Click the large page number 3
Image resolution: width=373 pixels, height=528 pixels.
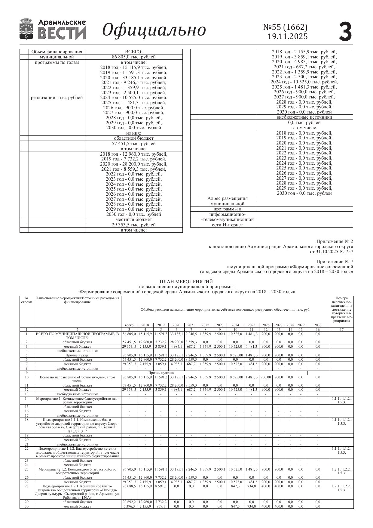tap(345, 31)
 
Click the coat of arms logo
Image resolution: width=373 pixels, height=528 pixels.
tap(26, 29)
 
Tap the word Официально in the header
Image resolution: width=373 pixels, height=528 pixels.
tap(154, 30)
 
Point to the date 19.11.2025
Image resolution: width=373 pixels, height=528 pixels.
tap(288, 36)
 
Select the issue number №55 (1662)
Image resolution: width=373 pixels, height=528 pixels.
tap(285, 27)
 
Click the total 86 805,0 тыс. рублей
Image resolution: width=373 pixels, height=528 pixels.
tap(134, 57)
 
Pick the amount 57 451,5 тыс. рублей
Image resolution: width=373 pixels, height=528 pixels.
tap(134, 144)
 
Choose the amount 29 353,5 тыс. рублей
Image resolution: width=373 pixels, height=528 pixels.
tap(134, 225)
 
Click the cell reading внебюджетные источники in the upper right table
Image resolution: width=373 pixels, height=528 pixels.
tap(304, 117)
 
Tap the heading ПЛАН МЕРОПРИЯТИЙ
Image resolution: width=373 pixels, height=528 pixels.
tap(186, 281)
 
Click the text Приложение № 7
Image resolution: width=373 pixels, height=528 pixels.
tap(335, 261)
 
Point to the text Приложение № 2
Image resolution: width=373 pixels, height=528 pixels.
tap(335, 241)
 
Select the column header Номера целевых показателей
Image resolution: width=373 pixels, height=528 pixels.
tap(341, 309)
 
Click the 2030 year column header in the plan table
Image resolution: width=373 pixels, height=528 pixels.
tap(317, 325)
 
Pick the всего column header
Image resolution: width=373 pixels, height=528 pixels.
tap(129, 325)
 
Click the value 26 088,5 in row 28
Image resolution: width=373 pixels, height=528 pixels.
tap(129, 486)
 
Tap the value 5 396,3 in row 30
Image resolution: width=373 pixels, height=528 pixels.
tap(129, 506)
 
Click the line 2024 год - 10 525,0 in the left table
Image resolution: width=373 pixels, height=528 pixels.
tap(134, 98)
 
